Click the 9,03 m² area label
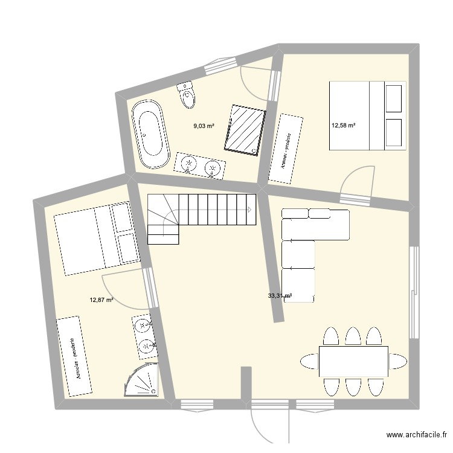(x=204, y=126)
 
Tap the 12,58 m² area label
(x=343, y=126)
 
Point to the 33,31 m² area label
(x=280, y=296)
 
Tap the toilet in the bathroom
(x=187, y=94)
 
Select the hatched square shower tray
(x=245, y=129)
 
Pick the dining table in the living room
(x=353, y=361)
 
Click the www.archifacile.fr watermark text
(x=418, y=434)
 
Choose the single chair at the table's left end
(x=309, y=362)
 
